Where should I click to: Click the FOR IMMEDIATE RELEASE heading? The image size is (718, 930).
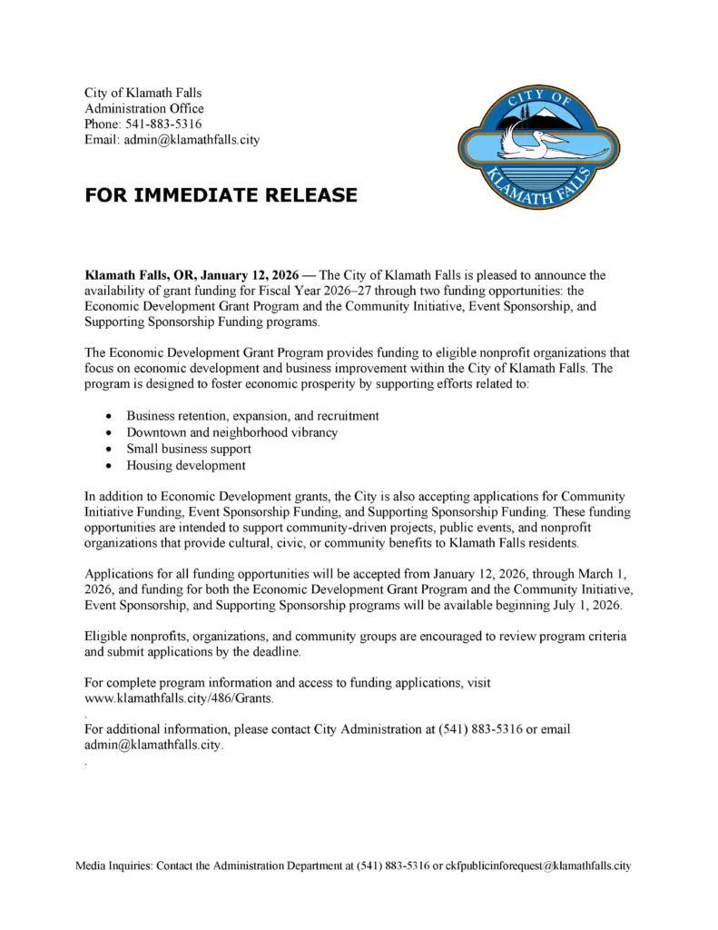[x=221, y=195]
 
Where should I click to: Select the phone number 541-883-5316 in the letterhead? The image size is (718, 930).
[x=164, y=124]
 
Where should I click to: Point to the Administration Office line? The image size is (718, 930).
[x=144, y=109]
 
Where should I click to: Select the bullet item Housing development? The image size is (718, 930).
[x=185, y=465]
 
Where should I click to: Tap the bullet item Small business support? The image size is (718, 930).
[x=189, y=449]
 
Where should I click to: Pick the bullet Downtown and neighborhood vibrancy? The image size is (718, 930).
[x=231, y=432]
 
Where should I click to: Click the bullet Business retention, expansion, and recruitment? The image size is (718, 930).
[x=252, y=416]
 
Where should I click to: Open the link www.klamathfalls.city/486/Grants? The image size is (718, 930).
[x=178, y=697]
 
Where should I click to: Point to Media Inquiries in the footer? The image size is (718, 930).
[x=113, y=866]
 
